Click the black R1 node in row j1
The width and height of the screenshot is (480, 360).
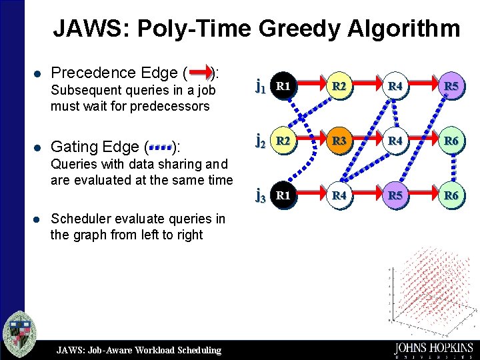(x=284, y=85)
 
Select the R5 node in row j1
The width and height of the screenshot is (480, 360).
(x=451, y=85)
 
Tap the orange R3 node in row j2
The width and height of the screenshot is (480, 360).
(x=340, y=141)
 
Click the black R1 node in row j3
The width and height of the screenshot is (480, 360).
(x=284, y=195)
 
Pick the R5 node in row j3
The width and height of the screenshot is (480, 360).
(x=395, y=195)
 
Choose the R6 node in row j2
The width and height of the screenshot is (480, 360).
(x=451, y=141)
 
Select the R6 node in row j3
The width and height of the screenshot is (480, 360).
(x=451, y=195)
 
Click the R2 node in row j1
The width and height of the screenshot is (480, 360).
(x=340, y=85)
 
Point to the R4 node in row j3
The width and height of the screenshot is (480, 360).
(x=340, y=195)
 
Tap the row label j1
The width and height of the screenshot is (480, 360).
(x=261, y=85)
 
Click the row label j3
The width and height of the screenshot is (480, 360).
(x=261, y=196)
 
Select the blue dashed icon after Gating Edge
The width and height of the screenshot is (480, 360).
(x=160, y=145)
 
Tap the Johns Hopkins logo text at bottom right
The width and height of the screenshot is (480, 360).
(x=433, y=349)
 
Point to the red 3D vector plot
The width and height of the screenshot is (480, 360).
(x=427, y=287)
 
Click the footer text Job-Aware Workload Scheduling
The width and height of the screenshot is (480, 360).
(x=139, y=350)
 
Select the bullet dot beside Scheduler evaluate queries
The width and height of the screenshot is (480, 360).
(x=41, y=219)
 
